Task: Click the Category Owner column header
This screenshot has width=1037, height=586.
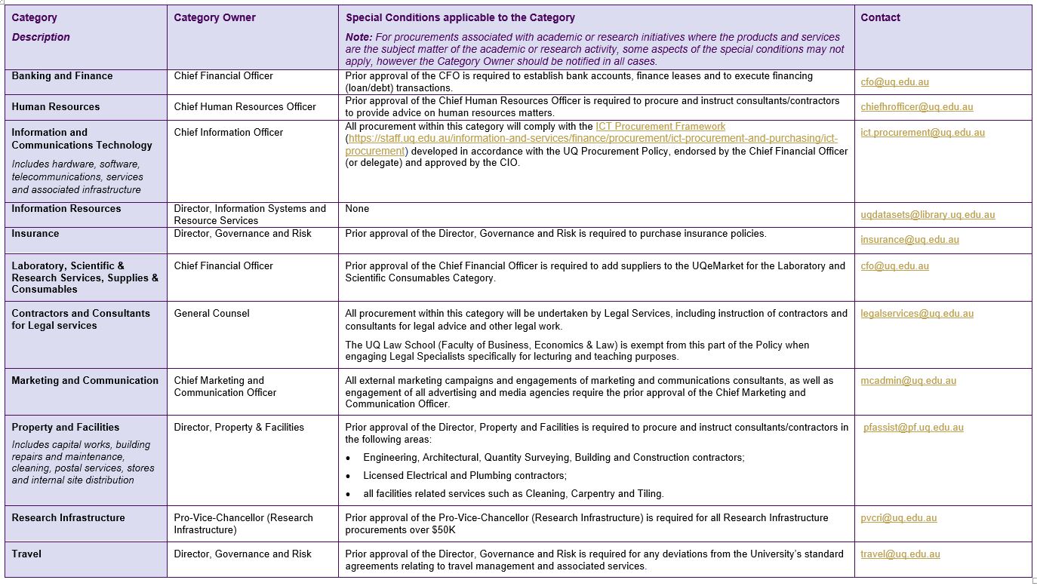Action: (x=214, y=18)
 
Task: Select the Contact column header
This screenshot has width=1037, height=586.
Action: (x=880, y=18)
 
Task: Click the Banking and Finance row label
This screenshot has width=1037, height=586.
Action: (x=62, y=76)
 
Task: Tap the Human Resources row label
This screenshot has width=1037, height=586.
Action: (x=55, y=107)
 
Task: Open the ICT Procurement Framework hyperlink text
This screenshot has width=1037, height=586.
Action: (x=660, y=127)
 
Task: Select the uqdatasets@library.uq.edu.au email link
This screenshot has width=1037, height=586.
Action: (x=928, y=215)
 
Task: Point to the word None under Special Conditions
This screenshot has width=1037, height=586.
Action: (x=357, y=209)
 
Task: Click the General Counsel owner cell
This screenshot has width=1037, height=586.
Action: (x=211, y=314)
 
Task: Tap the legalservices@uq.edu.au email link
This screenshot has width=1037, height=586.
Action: (x=917, y=314)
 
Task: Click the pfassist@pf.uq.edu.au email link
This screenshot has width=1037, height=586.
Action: (x=913, y=428)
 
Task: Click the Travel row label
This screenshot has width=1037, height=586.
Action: (x=26, y=554)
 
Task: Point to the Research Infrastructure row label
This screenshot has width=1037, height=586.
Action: (x=68, y=518)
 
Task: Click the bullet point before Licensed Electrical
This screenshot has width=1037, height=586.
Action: (x=348, y=477)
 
